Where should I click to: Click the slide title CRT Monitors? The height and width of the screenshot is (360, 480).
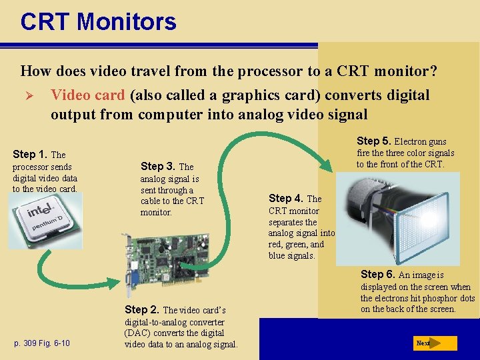pyautogui.click(x=98, y=21)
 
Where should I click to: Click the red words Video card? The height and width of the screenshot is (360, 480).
pyautogui.click(x=88, y=95)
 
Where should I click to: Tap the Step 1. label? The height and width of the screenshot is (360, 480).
pyautogui.click(x=30, y=154)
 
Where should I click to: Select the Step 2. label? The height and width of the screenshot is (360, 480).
pyautogui.click(x=142, y=309)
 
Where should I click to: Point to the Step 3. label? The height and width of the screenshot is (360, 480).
pyautogui.click(x=157, y=166)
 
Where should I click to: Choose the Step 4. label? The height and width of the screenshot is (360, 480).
pyautogui.click(x=286, y=199)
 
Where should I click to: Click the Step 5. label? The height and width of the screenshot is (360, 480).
pyautogui.click(x=374, y=141)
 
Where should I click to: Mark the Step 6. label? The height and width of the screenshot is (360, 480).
pyautogui.click(x=378, y=274)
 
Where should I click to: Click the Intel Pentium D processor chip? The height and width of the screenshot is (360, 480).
pyautogui.click(x=45, y=221)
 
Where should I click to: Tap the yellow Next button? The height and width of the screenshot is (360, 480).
pyautogui.click(x=435, y=343)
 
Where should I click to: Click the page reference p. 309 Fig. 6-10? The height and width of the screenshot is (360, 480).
pyautogui.click(x=42, y=343)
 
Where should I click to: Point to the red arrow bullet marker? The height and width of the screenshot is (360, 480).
pyautogui.click(x=29, y=96)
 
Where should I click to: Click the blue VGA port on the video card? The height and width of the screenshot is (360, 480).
pyautogui.click(x=135, y=279)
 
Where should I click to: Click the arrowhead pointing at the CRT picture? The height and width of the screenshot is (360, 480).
pyautogui.click(x=326, y=165)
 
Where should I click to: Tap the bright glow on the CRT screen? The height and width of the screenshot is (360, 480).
pyautogui.click(x=430, y=218)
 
